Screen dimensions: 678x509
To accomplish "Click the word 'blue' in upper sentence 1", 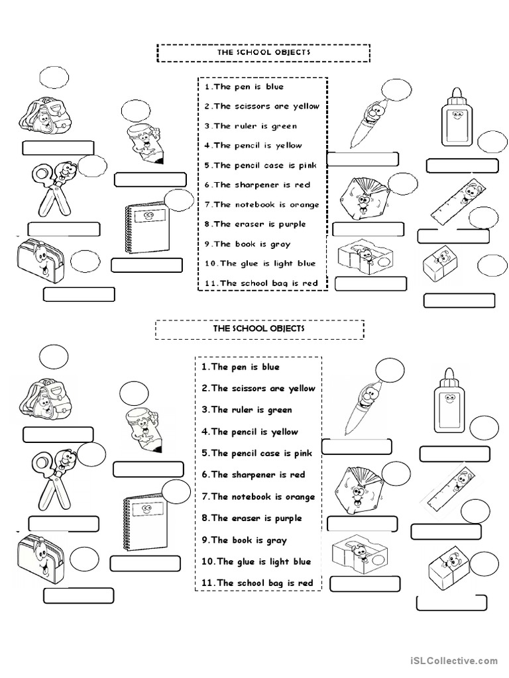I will tap(274, 87).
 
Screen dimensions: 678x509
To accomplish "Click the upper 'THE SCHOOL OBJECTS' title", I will tap(263, 52).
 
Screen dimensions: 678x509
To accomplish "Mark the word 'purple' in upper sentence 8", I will tap(292, 224).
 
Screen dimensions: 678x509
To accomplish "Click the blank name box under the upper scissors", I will tap(64, 229).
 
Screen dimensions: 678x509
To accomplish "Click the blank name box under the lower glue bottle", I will tap(455, 454).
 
